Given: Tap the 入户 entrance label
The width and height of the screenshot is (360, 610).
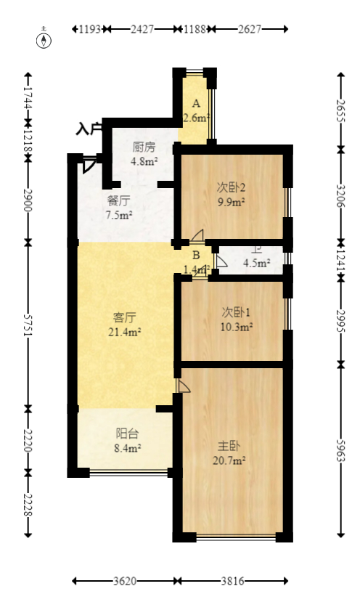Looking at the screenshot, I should [x=89, y=130].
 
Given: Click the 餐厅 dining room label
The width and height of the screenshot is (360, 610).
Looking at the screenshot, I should [x=118, y=200].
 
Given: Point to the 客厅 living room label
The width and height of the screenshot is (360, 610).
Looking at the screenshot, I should [x=125, y=317].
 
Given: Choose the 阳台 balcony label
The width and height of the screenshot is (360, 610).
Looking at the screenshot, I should [x=127, y=434].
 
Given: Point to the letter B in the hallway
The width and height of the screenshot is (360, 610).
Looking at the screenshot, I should [x=195, y=255].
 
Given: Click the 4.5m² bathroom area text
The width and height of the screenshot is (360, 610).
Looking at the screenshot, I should [x=256, y=264].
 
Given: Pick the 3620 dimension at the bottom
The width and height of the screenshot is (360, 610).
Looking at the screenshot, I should [x=125, y=582].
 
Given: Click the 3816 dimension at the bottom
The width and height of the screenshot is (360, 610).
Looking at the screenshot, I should [x=233, y=582].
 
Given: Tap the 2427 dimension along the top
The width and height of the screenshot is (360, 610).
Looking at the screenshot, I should [x=142, y=30].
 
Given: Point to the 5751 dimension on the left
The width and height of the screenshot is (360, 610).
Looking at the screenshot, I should [x=28, y=323].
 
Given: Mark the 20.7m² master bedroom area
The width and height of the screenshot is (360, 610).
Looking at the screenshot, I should [x=229, y=460].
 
